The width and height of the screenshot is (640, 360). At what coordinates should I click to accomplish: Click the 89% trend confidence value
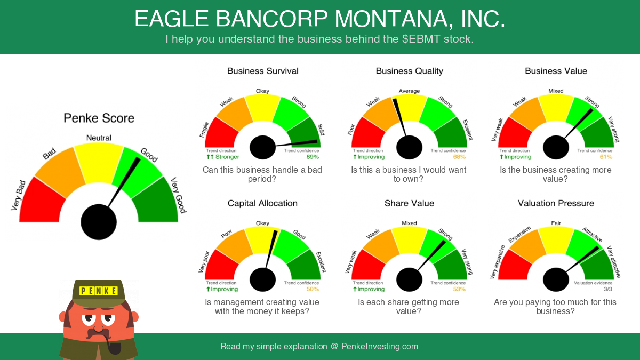(313, 157)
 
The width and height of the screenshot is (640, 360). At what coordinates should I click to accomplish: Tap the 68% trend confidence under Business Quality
(459, 157)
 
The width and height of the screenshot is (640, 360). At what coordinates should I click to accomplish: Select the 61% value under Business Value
(606, 157)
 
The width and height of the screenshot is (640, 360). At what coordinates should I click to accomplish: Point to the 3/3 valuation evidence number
(608, 289)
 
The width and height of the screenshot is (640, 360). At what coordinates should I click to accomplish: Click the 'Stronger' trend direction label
(227, 157)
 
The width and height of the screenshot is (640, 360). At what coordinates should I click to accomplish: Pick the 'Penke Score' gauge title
(99, 118)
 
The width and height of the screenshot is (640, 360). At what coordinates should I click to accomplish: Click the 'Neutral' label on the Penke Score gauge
(99, 138)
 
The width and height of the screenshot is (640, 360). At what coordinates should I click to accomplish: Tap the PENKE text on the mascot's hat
(99, 291)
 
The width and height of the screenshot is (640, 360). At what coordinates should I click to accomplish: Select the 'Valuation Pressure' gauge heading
(556, 203)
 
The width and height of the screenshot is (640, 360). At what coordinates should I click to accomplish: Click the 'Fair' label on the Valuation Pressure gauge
(556, 223)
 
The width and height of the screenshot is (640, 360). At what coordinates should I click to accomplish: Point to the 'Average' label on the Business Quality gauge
(409, 91)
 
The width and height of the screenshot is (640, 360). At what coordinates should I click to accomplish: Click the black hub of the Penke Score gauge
(99, 222)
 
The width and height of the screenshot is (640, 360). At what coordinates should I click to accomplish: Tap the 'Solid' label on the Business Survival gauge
(321, 130)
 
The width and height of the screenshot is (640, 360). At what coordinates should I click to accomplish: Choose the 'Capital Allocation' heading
(262, 203)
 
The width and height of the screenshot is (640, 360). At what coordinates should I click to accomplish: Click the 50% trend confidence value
(313, 289)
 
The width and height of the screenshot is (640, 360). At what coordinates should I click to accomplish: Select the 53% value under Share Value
(459, 289)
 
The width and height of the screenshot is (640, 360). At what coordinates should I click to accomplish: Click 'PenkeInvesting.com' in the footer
(379, 346)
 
